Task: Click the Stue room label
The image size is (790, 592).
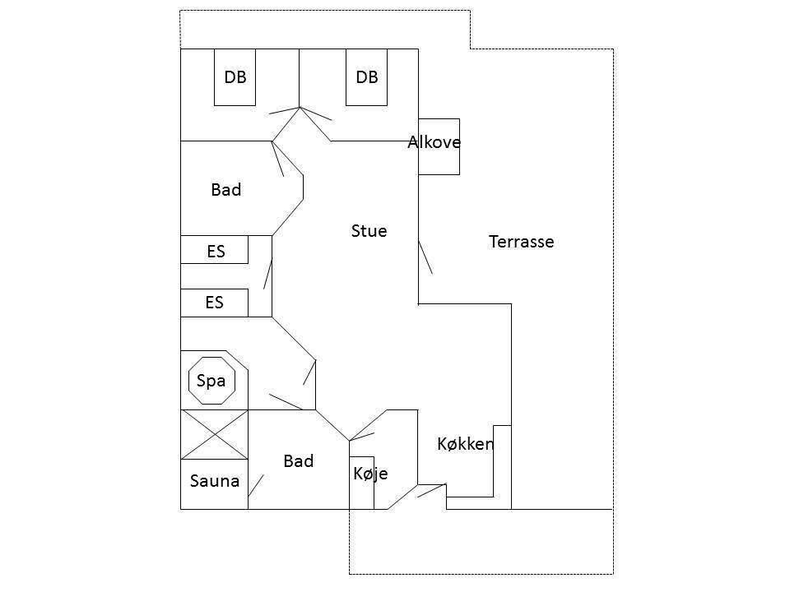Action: coord(369,231)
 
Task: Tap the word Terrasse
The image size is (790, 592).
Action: coord(522,242)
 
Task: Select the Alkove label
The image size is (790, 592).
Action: coord(434,142)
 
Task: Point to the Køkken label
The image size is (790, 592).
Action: coord(466,443)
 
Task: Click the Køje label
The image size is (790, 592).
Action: coord(370,474)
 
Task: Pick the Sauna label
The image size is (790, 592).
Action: coord(215,481)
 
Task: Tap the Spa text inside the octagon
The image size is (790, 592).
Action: coord(211,381)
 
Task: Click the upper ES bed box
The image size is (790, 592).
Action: coord(215,250)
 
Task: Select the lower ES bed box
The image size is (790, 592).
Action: coord(215,303)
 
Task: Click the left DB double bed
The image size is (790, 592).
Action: coord(235,77)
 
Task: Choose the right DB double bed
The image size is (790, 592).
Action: coord(366,77)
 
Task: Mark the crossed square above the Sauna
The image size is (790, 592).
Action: coord(215,434)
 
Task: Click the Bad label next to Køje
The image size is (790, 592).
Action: coord(298,461)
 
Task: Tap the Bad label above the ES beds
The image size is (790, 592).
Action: coord(226,190)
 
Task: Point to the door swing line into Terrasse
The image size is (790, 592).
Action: coord(425,257)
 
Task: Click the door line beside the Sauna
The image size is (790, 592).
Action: coord(256,485)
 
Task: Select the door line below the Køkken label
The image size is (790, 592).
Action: coord(432,491)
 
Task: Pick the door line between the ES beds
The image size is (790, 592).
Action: coord(268,273)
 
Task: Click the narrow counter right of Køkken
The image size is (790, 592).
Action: coord(502,467)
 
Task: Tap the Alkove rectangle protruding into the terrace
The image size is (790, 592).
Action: coord(439,147)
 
